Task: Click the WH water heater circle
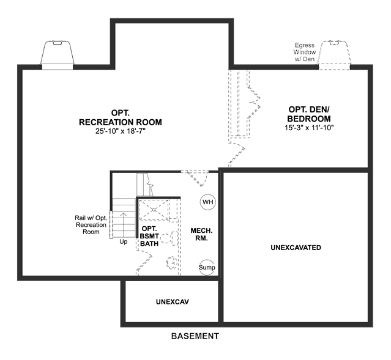click(208, 202)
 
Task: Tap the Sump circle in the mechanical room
click(207, 267)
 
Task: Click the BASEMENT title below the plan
click(195, 336)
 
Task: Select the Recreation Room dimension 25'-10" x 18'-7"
click(121, 131)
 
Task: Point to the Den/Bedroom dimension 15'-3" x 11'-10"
click(309, 128)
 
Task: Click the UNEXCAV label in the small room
click(173, 302)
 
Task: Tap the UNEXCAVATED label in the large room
click(296, 248)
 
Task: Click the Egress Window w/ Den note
click(305, 52)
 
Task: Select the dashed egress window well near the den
click(335, 55)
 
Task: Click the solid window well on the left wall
click(58, 54)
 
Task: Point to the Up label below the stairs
click(124, 241)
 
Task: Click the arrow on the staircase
click(124, 225)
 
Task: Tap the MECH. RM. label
click(201, 234)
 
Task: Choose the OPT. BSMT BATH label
click(149, 236)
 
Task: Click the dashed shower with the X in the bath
click(154, 210)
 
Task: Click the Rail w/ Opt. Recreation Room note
click(91, 225)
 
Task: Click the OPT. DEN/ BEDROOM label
click(309, 114)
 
